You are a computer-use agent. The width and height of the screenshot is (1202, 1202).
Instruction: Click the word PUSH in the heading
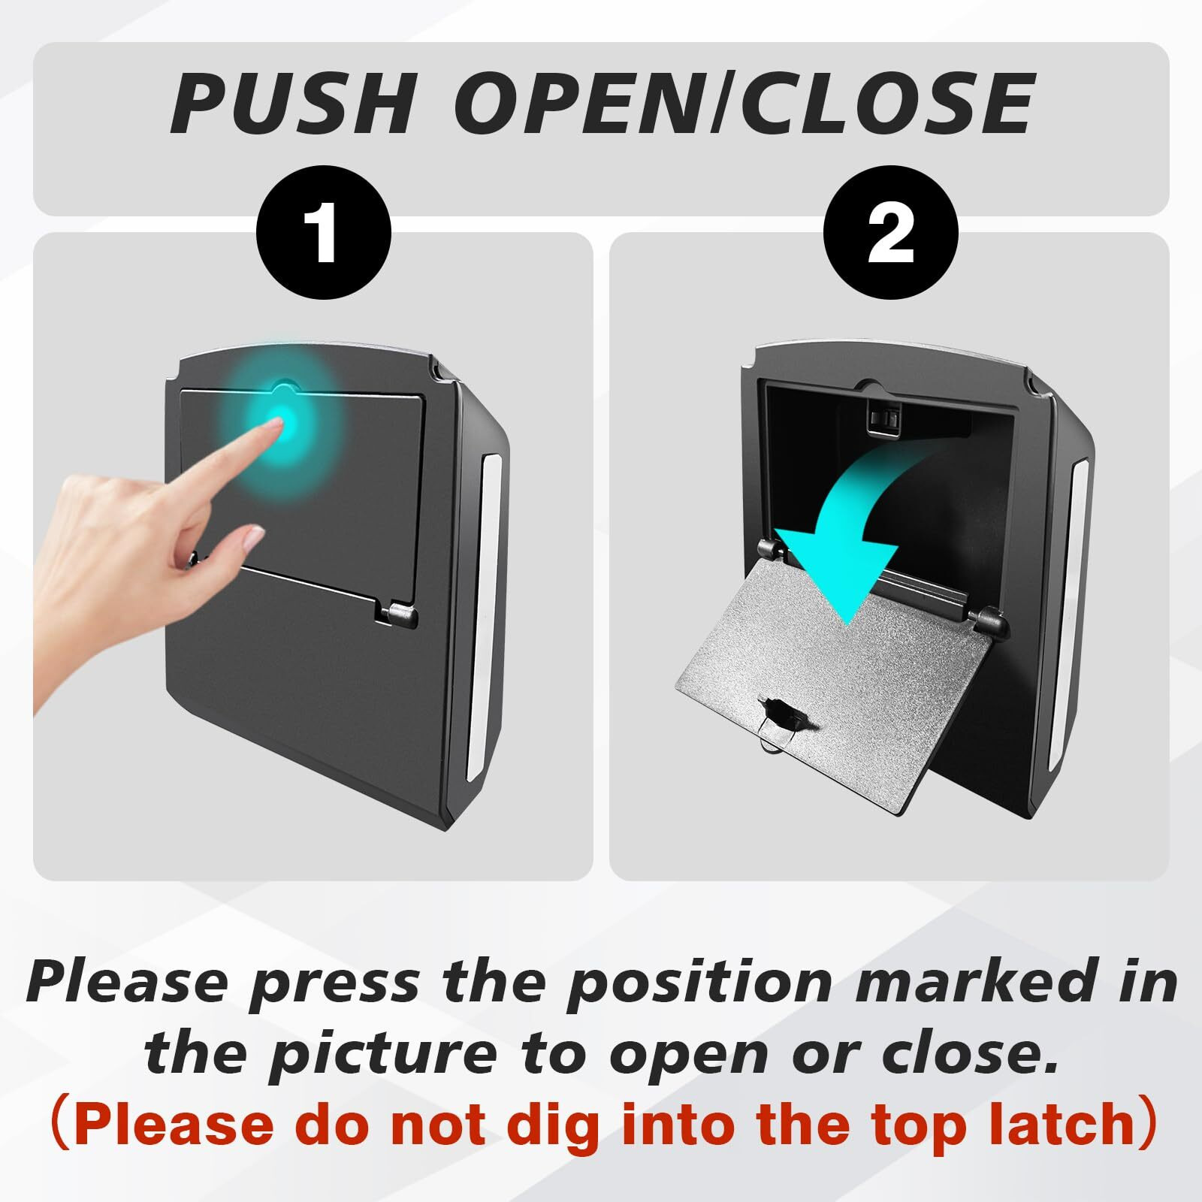click(292, 104)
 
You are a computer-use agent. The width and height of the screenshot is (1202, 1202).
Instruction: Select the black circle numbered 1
click(324, 233)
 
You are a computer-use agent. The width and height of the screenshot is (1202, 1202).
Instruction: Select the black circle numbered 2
click(891, 233)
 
